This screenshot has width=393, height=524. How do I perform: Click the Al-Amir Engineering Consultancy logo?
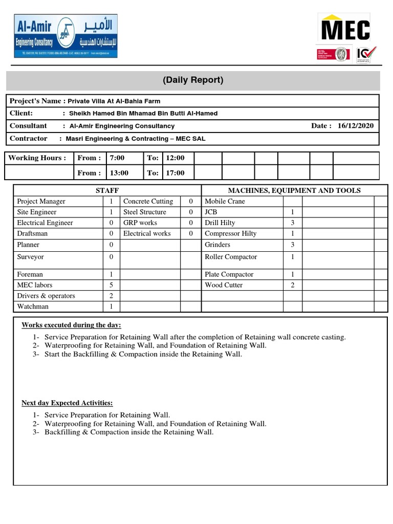(65, 36)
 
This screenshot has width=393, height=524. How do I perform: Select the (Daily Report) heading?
(193, 80)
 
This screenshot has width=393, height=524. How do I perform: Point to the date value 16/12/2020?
(356, 126)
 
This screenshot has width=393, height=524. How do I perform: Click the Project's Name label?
(35, 101)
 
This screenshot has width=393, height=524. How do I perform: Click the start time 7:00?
(117, 158)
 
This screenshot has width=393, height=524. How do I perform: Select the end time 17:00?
(175, 173)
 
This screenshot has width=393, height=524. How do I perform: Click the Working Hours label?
(37, 158)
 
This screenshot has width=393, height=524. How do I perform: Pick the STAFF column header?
(107, 190)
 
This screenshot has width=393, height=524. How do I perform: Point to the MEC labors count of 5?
(111, 285)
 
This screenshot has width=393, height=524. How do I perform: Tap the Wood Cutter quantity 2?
(293, 285)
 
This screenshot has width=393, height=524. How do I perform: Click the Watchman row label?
(33, 307)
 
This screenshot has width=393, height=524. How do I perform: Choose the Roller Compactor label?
(231, 257)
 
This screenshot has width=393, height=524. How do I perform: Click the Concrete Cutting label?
(148, 202)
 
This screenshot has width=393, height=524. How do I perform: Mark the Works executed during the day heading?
(71, 325)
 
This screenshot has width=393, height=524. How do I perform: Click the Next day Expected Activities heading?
(67, 403)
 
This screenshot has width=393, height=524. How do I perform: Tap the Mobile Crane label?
(225, 202)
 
